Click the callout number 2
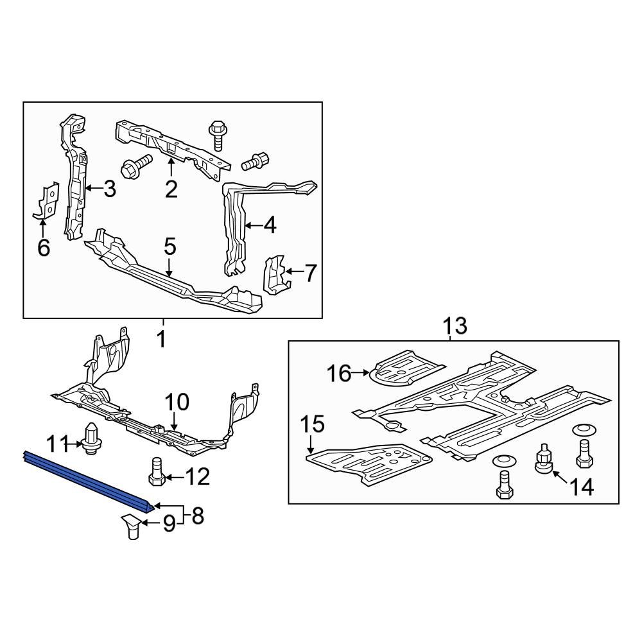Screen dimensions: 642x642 click(x=171, y=189)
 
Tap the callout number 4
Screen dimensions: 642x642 click(x=270, y=225)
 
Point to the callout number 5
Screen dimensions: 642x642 click(x=169, y=245)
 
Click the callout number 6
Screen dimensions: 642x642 click(x=44, y=247)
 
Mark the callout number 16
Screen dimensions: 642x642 click(x=340, y=372)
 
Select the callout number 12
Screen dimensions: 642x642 click(x=198, y=476)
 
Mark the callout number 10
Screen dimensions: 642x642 click(x=177, y=403)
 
